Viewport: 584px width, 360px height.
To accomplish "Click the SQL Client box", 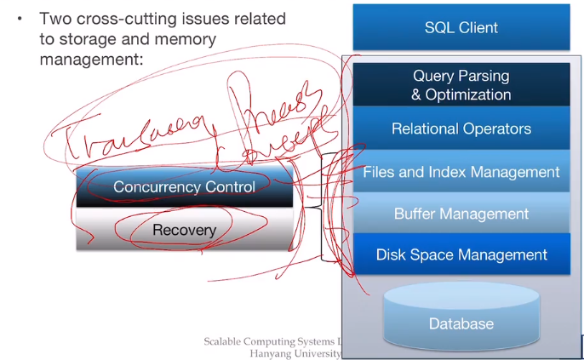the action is pyautogui.click(x=461, y=27).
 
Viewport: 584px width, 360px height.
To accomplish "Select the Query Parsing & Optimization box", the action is pyautogui.click(x=461, y=85).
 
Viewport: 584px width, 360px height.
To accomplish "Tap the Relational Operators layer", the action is pyautogui.click(x=461, y=129).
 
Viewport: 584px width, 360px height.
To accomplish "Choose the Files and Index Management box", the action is pyautogui.click(x=461, y=172).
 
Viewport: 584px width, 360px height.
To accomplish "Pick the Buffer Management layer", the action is pyautogui.click(x=461, y=214).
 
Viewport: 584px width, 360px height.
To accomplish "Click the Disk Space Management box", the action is pyautogui.click(x=461, y=254).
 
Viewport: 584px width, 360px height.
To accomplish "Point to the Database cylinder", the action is pyautogui.click(x=461, y=319).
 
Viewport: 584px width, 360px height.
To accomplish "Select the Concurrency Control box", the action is pyautogui.click(x=185, y=186).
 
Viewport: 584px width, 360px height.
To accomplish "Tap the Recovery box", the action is pyautogui.click(x=185, y=230).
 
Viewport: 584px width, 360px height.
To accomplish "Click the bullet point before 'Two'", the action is pyautogui.click(x=20, y=19).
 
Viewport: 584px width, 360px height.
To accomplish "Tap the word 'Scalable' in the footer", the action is pyautogui.click(x=228, y=341).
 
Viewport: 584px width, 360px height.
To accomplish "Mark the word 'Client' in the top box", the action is pyautogui.click(x=479, y=27).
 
